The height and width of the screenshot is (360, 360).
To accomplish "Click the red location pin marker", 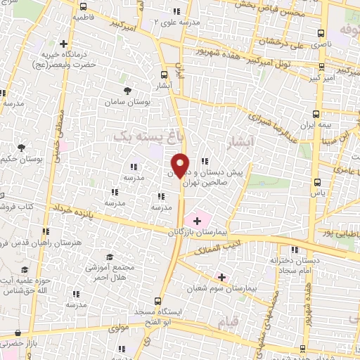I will pyautogui.click(x=180, y=165).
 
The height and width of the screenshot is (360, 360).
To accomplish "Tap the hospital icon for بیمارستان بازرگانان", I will pyautogui.click(x=197, y=221).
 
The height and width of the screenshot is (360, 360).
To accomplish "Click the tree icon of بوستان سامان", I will pyautogui.click(x=127, y=91).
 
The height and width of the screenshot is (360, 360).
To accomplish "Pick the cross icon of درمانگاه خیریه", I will pyautogui.click(x=64, y=44).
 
